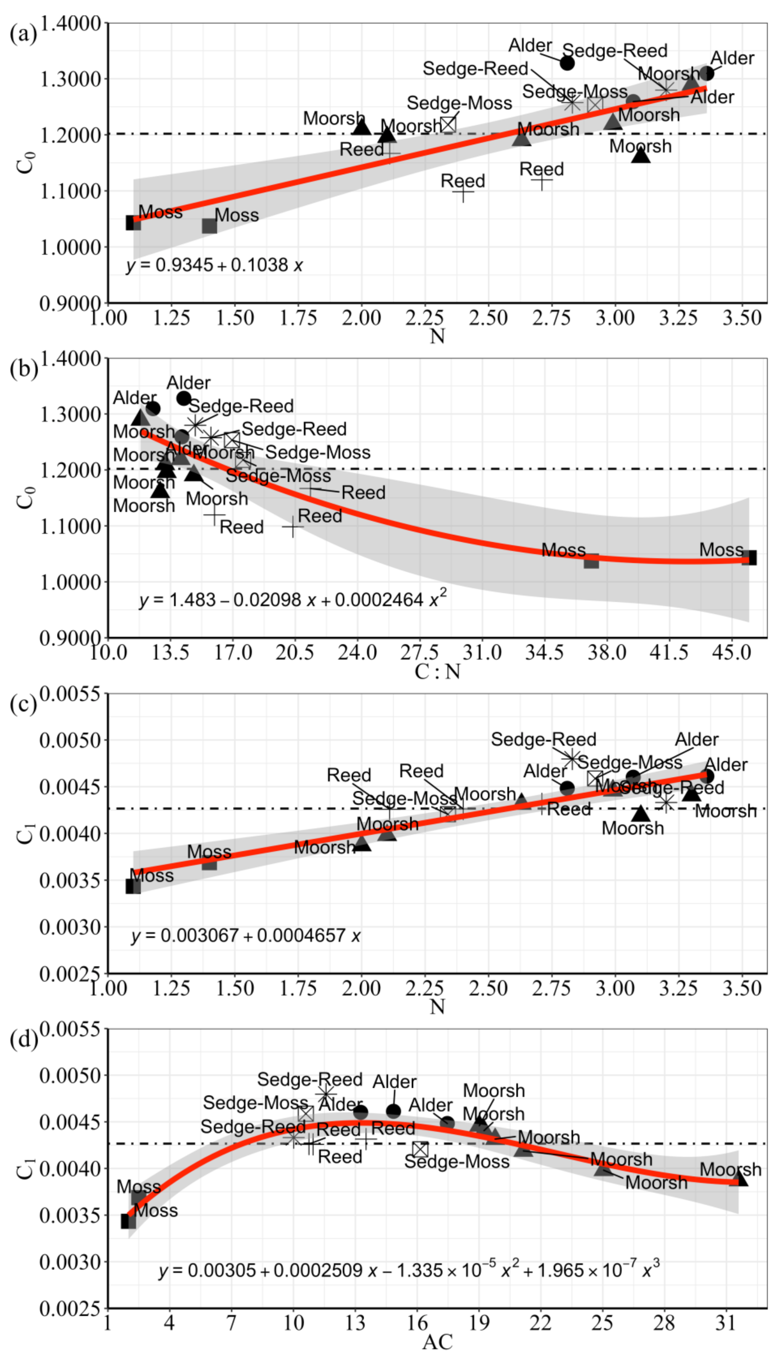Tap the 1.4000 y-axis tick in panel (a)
[x=70, y=24]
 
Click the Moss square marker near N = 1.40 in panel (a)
[x=209, y=226]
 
